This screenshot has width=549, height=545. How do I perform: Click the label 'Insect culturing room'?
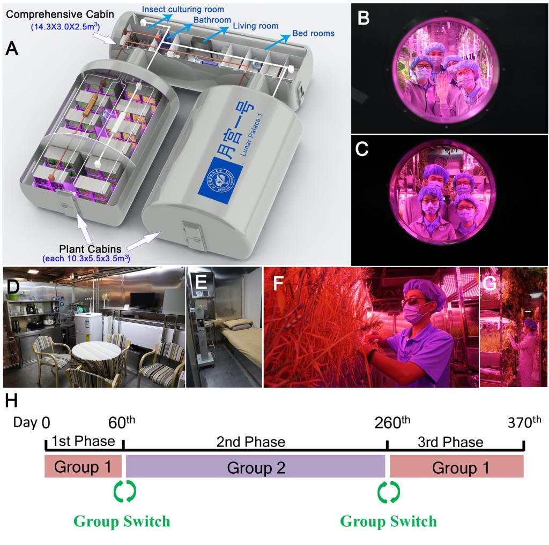pos(183,10)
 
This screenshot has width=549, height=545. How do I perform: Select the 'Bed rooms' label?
pos(313,33)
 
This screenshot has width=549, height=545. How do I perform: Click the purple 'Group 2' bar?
pos(255,466)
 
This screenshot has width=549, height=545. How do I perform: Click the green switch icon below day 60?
pos(124,491)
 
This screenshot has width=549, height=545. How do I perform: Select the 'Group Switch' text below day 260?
pos(388,520)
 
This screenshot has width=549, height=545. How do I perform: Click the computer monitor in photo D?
pos(143,301)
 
